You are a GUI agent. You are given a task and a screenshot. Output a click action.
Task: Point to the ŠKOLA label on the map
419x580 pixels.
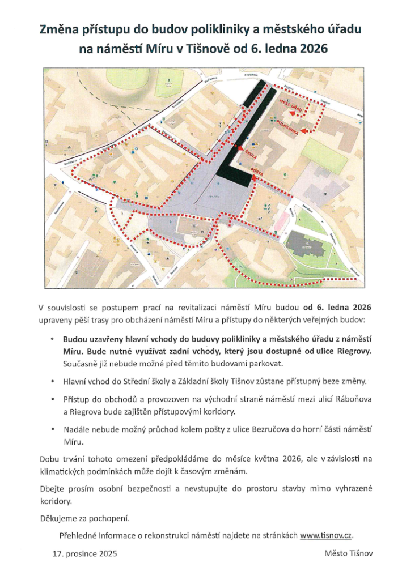(x=251, y=153)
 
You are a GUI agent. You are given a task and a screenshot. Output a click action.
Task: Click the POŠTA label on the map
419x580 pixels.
(x=257, y=169)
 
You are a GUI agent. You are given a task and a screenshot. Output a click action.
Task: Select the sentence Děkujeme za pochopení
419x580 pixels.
(x=84, y=518)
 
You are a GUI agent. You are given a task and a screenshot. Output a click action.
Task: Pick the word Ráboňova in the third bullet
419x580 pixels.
(x=353, y=400)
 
